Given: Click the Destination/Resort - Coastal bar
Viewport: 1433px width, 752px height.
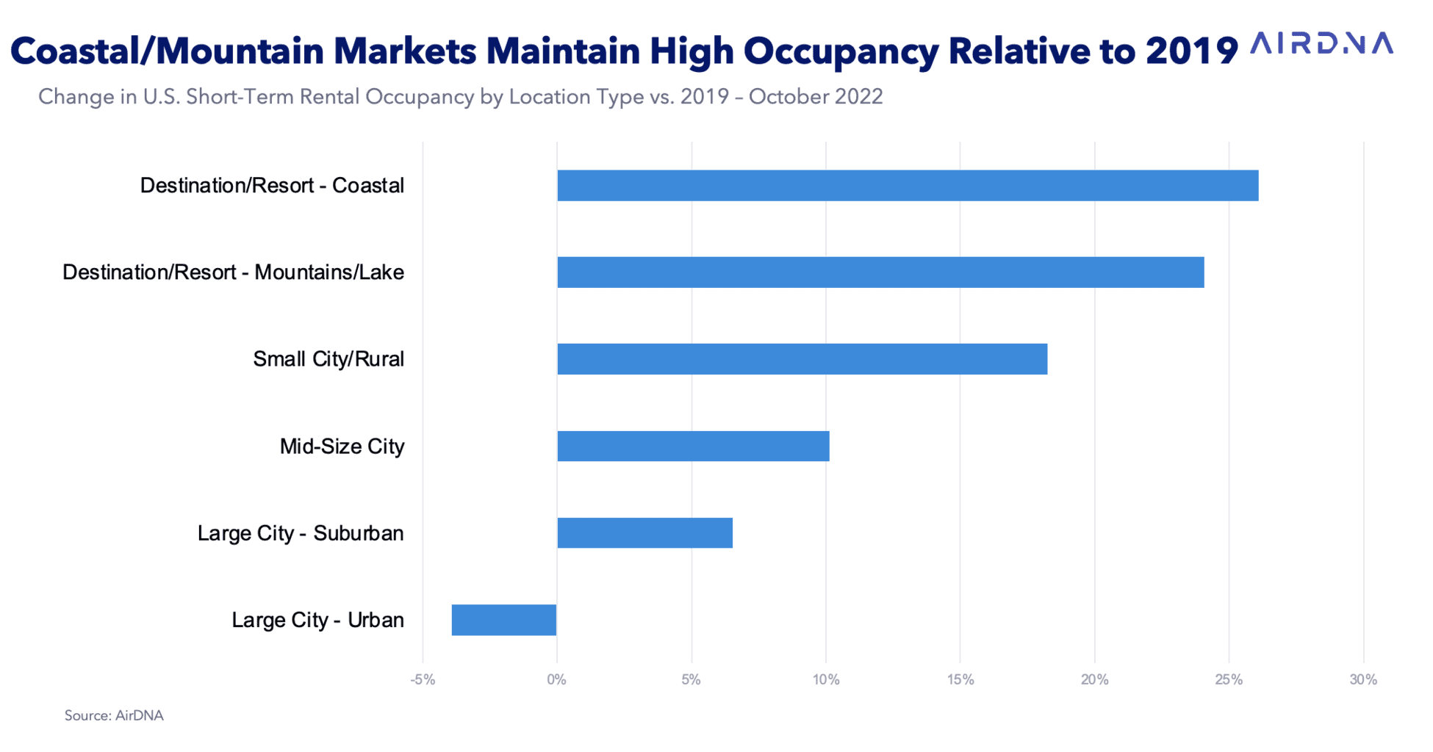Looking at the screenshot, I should [908, 186].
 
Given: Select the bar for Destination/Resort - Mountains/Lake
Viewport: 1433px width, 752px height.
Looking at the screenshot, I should [880, 272].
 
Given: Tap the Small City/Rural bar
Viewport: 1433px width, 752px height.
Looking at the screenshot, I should [802, 359].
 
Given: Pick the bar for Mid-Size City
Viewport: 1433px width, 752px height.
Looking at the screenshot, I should [693, 446].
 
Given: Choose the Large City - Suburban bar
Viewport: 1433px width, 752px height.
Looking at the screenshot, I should [644, 533].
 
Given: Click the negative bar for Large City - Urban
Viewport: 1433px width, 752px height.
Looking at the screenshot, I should [504, 620].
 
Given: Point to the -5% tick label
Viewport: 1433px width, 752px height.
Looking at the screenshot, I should [423, 680].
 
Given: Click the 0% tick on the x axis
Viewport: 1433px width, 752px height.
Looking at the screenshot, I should [556, 680].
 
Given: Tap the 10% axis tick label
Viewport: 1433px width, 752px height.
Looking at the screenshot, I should [826, 680].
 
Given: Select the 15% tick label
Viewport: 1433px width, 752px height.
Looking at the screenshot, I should [960, 680].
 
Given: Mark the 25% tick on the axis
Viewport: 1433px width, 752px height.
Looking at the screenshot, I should [1229, 680].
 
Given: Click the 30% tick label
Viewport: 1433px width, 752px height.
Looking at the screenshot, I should [1363, 680].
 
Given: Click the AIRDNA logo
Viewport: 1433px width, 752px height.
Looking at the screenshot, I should [1321, 44].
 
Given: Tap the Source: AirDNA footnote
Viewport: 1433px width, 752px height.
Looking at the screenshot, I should [114, 715].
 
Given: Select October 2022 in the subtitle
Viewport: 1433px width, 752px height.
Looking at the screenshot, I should [816, 97].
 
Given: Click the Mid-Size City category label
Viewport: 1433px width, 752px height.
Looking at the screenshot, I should [342, 446].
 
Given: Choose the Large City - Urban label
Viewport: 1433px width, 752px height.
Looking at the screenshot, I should [317, 620].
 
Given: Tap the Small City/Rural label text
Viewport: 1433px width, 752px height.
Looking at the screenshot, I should [328, 359].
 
